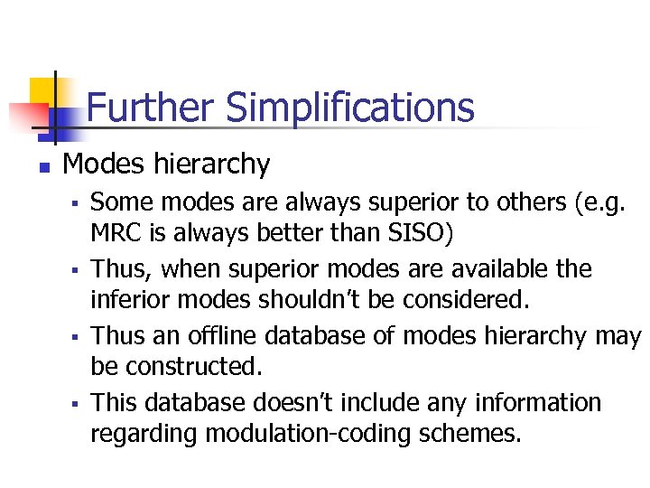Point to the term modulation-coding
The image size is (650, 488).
point(304,434)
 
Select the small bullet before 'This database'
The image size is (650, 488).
point(79,401)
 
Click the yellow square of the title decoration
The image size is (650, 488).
point(42,93)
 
